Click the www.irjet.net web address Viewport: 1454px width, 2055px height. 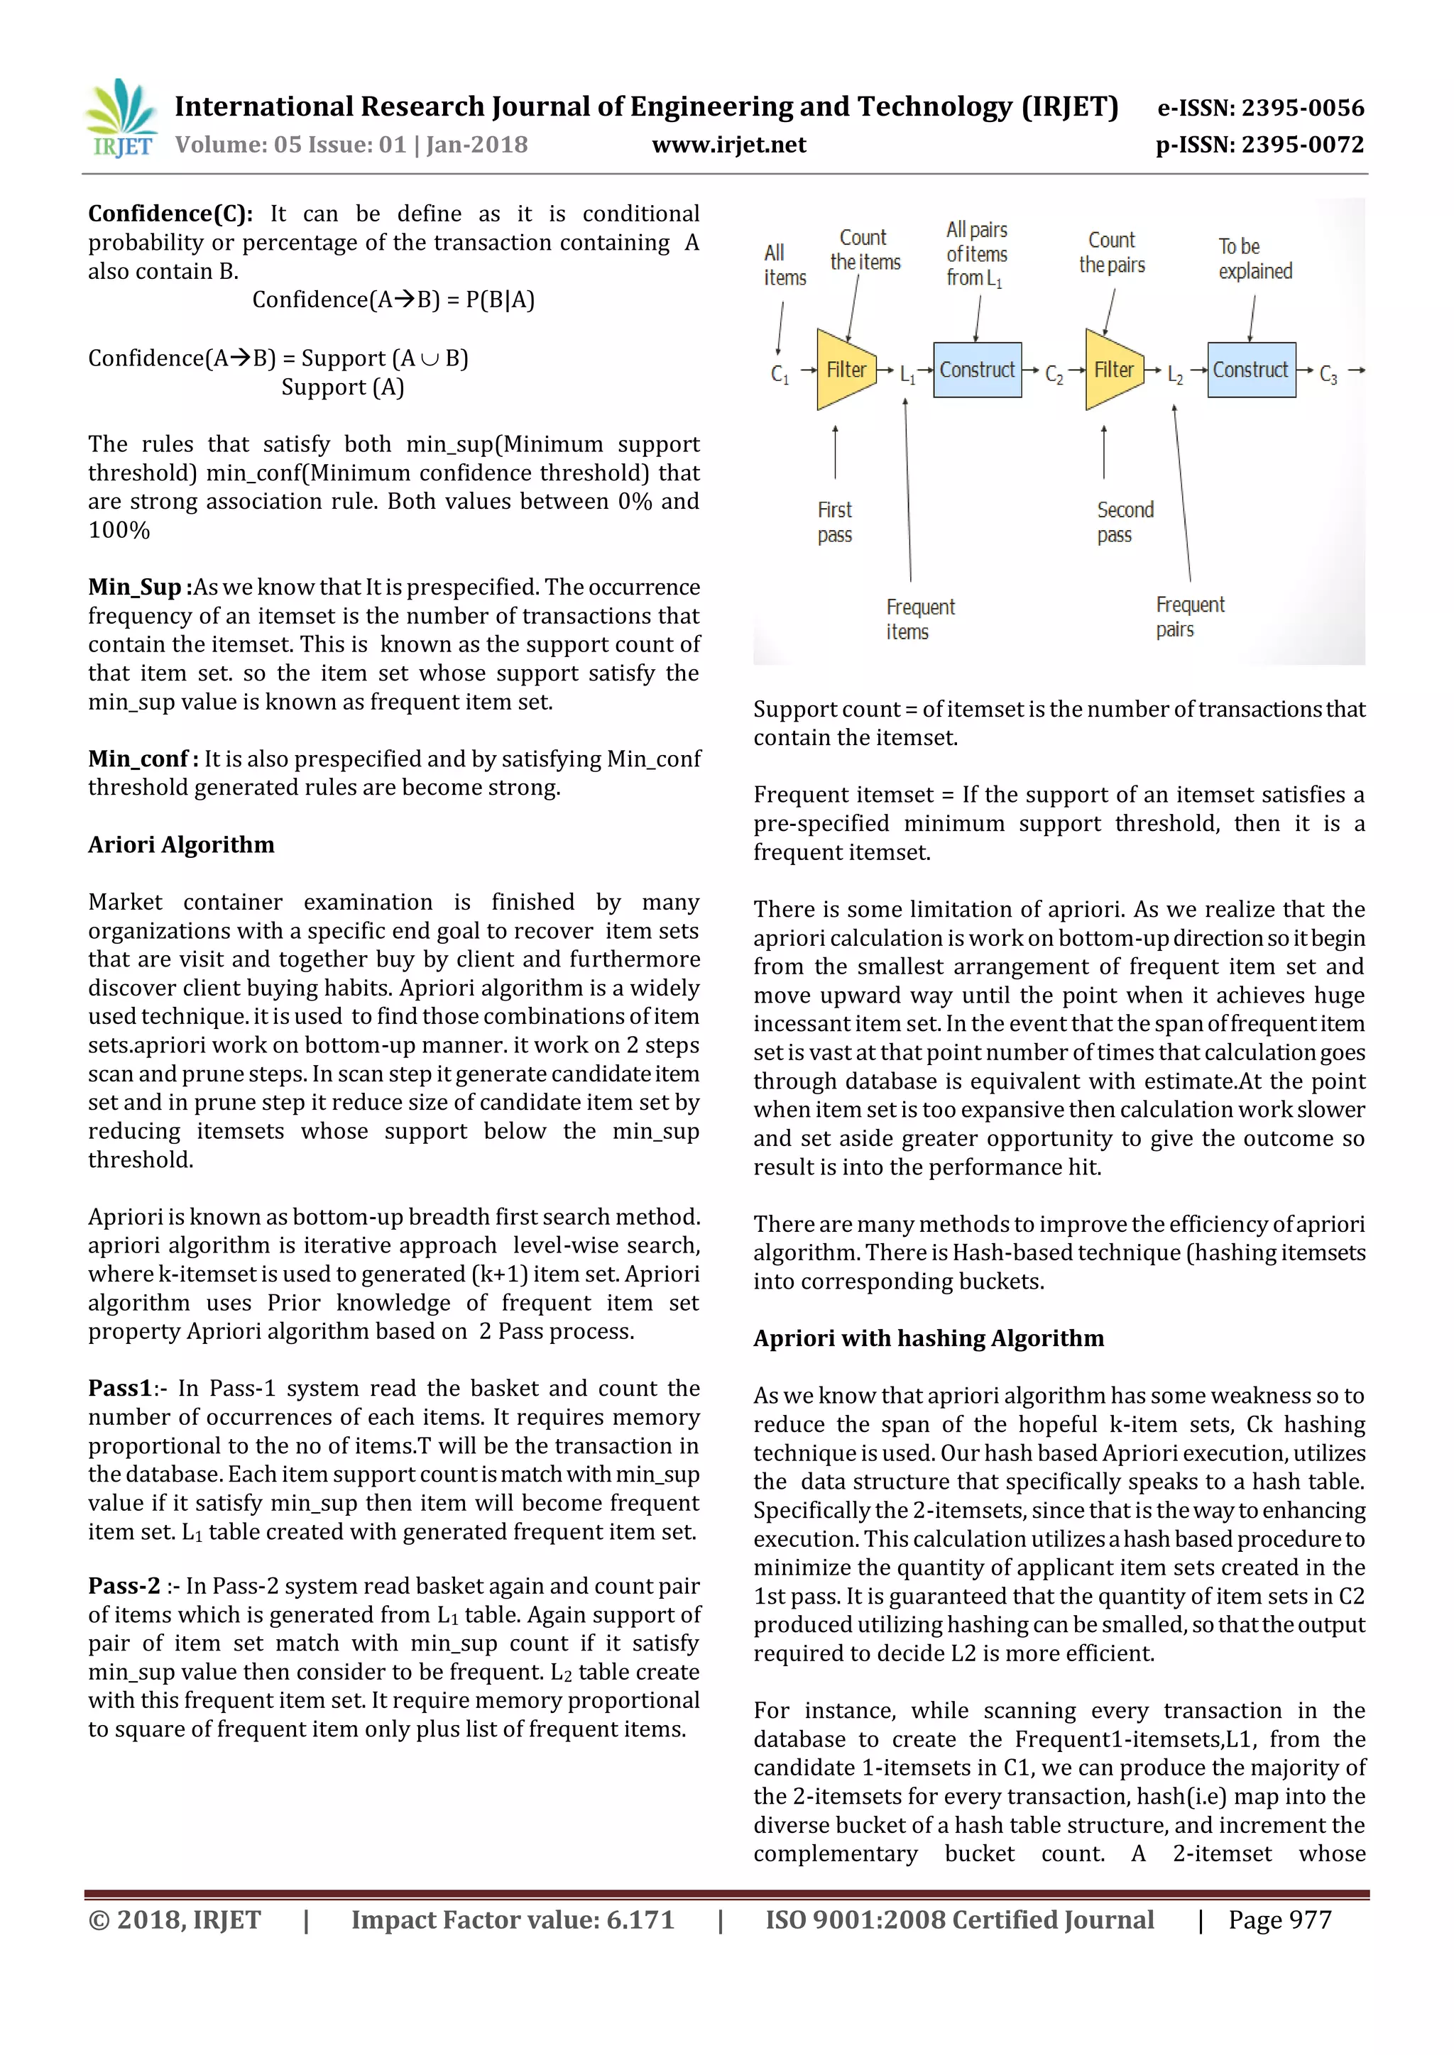[729, 145]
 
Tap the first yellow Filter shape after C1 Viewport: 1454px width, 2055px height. [844, 370]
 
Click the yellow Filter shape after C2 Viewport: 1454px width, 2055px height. [1113, 370]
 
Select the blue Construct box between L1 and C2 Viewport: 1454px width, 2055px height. [977, 370]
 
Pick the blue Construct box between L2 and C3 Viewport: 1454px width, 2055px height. [1251, 370]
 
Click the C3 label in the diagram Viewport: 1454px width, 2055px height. [1328, 374]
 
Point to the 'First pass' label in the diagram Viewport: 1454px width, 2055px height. [834, 522]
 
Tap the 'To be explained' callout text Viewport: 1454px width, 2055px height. [1255, 259]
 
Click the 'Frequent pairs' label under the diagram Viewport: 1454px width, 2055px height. [1189, 617]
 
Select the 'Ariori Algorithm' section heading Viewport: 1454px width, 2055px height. [181, 845]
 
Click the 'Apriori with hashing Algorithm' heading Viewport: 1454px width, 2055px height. [929, 1338]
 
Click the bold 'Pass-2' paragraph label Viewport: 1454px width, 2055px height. [124, 1586]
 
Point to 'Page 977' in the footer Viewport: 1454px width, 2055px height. [1279, 1920]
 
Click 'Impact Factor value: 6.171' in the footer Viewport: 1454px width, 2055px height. [512, 1920]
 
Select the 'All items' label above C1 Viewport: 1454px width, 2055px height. [785, 265]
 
